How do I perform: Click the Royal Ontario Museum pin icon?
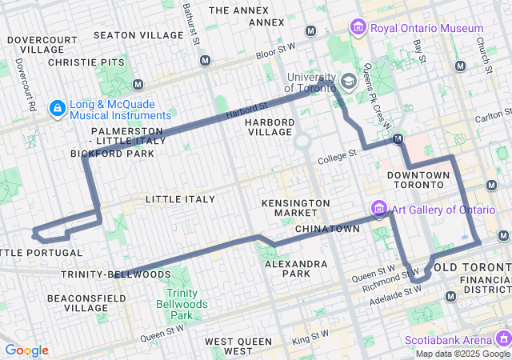358,29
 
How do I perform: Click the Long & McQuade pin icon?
58,108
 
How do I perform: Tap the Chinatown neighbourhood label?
327,229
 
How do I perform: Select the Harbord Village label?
270,127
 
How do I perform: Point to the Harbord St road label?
246,108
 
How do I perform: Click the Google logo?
26,350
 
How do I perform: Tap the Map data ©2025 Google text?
462,354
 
